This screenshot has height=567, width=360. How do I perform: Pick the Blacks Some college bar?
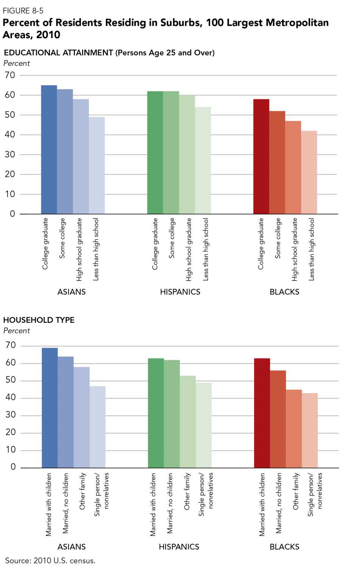click(x=277, y=163)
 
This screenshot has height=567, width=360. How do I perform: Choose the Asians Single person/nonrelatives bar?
click(x=98, y=427)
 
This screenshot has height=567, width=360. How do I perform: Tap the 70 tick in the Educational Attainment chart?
click(x=10, y=75)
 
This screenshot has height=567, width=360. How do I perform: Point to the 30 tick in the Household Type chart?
click(x=11, y=415)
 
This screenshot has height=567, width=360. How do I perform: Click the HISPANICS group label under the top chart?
click(x=180, y=292)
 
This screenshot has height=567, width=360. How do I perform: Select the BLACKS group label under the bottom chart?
click(x=284, y=547)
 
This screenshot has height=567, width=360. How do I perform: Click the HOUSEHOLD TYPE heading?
click(x=39, y=320)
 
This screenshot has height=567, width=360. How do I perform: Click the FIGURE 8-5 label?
click(x=23, y=11)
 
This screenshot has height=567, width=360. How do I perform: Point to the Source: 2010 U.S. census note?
click(x=50, y=560)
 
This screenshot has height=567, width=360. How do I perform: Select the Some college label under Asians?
click(x=62, y=238)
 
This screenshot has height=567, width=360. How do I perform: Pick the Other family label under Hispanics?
click(x=187, y=491)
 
